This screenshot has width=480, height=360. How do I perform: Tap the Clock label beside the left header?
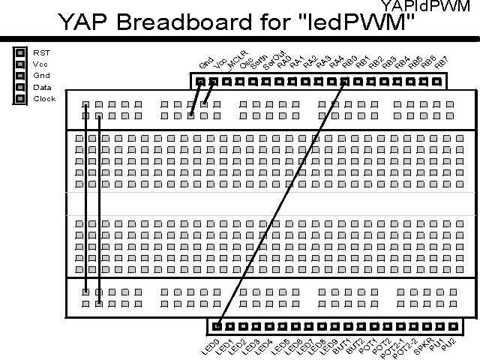pyautogui.click(x=44, y=98)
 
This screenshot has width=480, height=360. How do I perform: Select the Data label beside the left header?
pyautogui.click(x=42, y=87)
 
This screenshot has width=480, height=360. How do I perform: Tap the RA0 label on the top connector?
pyautogui.click(x=283, y=62)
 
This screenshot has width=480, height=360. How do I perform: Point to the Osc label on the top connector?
pyautogui.click(x=246, y=63)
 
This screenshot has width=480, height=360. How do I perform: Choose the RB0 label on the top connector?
pyautogui.click(x=349, y=63)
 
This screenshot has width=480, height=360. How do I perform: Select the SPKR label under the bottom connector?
pyautogui.click(x=424, y=347)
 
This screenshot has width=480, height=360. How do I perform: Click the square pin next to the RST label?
pyautogui.click(x=21, y=53)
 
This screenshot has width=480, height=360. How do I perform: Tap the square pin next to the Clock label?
pyautogui.click(x=21, y=98)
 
